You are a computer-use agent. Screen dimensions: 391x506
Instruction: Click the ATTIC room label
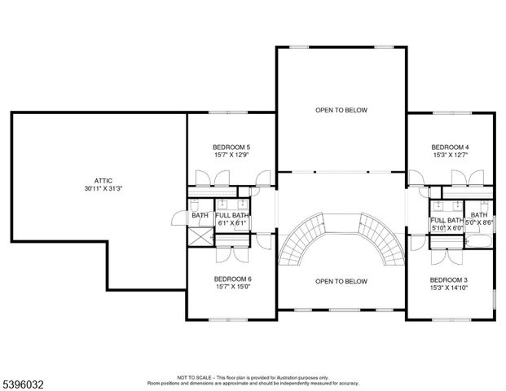102,180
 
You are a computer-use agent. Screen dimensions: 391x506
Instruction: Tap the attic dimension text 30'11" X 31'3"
102,188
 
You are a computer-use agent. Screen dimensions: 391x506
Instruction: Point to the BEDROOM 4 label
450,147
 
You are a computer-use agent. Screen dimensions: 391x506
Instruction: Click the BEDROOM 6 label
232,279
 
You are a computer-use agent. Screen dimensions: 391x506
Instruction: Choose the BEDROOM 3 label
449,279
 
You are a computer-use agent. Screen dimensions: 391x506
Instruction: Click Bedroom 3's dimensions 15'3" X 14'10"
449,288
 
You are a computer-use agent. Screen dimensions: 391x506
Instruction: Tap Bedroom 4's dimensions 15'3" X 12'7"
450,156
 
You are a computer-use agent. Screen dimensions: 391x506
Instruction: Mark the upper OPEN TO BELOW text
341,109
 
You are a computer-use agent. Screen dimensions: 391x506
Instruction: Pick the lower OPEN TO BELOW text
341,282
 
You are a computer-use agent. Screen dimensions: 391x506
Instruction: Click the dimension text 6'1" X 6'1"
231,223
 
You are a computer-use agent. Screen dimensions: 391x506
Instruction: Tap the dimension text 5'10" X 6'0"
447,229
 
